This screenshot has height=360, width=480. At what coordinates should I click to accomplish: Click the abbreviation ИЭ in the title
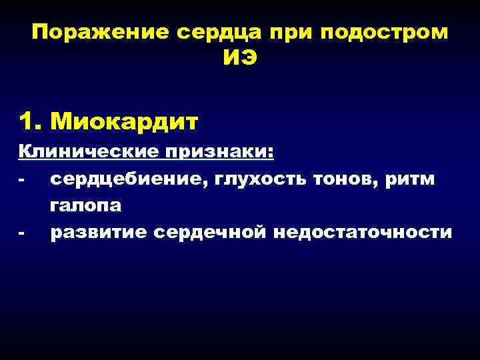[x=239, y=59]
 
